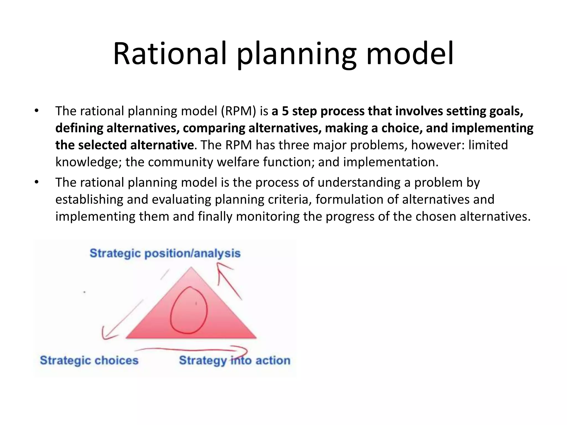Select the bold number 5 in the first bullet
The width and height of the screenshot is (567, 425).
tap(285, 111)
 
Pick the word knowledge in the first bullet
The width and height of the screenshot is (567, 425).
tap(89, 162)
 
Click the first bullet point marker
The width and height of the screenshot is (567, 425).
tap(36, 111)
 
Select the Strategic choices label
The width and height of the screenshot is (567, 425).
tap(89, 360)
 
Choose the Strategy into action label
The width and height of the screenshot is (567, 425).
tap(234, 360)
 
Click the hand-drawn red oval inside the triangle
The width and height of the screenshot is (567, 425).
tap(189, 310)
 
